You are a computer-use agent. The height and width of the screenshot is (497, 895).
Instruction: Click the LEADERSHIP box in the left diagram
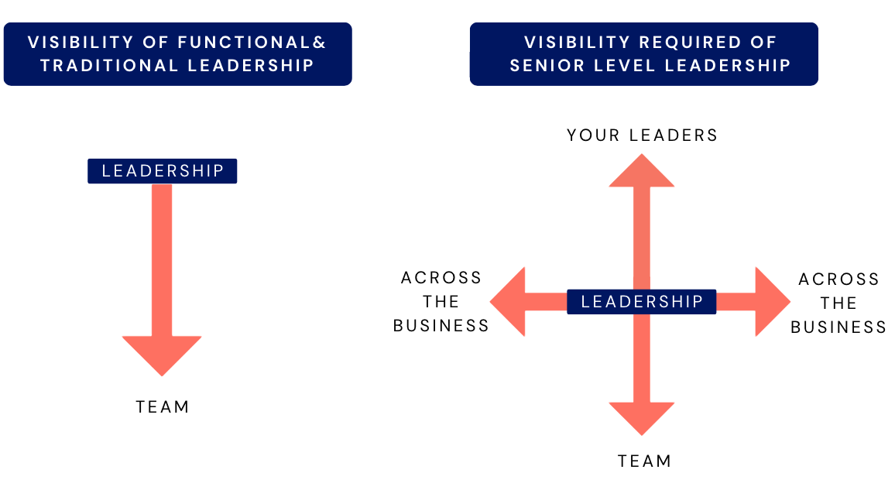[x=162, y=171]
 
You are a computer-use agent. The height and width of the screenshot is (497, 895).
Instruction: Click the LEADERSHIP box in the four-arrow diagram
[x=642, y=302]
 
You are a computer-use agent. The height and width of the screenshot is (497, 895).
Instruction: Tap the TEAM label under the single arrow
[x=163, y=407]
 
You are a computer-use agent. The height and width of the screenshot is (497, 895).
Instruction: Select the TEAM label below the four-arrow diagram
[x=644, y=461]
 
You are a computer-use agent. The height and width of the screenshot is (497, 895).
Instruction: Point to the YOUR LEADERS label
[x=643, y=135]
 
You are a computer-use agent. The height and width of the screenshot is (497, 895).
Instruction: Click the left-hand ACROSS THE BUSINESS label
[x=441, y=302]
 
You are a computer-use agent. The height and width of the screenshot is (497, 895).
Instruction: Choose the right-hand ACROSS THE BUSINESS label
[x=838, y=303]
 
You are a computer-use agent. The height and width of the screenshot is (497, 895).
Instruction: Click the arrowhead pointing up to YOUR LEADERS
[x=642, y=172]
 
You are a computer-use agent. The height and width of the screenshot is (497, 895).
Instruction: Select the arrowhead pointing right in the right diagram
[x=772, y=302]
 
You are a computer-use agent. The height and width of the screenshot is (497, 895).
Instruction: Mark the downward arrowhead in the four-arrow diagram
[x=642, y=417]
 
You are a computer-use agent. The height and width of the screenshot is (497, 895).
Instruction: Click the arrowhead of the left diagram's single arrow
[x=162, y=355]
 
